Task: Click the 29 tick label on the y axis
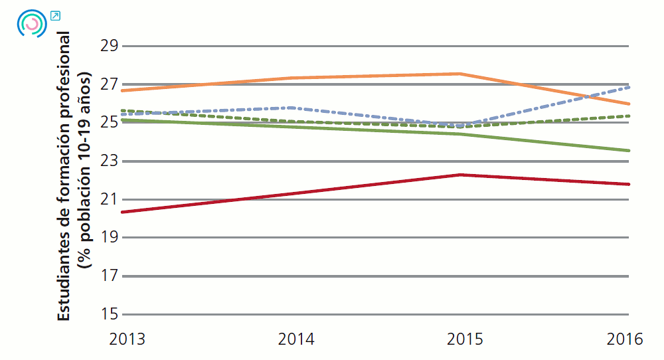coord(108,46)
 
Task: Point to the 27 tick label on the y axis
coord(108,85)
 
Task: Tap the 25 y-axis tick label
coord(108,123)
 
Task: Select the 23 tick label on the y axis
coord(108,161)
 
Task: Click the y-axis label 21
coord(108,199)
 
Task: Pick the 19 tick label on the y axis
coord(108,238)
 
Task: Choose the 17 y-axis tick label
coord(108,276)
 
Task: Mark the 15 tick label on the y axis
coord(108,314)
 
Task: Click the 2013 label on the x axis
coord(127,339)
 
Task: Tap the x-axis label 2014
coord(296,339)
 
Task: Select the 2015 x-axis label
coord(465,339)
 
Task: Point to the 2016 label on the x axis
coord(625,339)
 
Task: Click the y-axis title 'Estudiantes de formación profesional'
coord(64,176)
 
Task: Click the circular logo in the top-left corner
coord(31,24)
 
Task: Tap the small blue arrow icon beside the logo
coord(55,15)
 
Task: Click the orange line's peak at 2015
coord(461,74)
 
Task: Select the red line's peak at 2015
coord(461,175)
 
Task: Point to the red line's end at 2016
coord(628,184)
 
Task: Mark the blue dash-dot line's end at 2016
coord(628,87)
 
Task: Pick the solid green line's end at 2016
coord(628,151)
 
